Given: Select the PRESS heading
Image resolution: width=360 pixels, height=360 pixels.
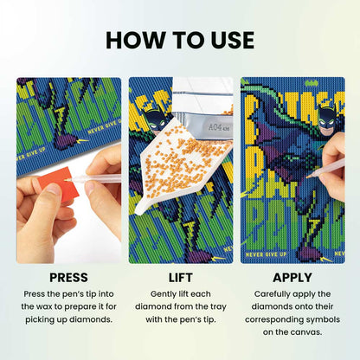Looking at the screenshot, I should point(68,278).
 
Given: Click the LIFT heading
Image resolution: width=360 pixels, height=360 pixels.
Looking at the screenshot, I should point(180,278).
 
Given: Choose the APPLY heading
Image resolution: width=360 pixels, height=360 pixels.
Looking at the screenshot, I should point(292,278).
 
